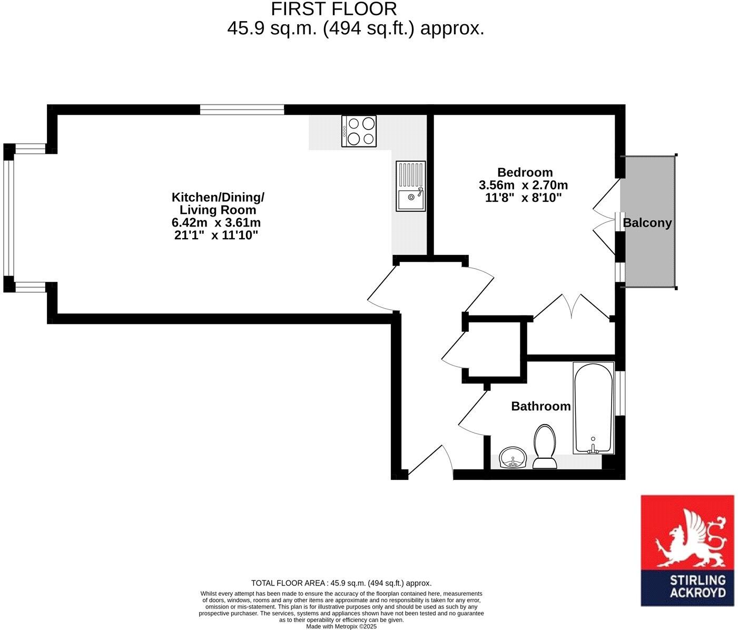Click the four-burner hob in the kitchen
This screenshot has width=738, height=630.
click(359, 131)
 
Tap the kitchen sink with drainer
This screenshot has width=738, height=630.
click(410, 186)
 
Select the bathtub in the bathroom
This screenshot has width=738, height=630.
click(593, 407)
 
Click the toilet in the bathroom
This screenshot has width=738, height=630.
click(545, 447)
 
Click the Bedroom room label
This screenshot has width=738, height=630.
click(525, 172)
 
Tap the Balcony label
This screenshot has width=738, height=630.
click(647, 223)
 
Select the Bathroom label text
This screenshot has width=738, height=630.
click(540, 406)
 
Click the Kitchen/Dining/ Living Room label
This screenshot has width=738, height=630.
click(218, 203)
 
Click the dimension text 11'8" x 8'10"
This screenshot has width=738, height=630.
click(523, 198)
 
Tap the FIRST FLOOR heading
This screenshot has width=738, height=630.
click(333, 9)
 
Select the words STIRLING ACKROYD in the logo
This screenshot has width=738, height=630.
click(697, 586)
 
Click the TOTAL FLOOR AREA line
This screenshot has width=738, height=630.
click(341, 583)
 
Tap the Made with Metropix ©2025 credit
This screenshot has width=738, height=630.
click(341, 627)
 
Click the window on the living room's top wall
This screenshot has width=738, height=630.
click(242, 110)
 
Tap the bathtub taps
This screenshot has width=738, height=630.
click(593, 448)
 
